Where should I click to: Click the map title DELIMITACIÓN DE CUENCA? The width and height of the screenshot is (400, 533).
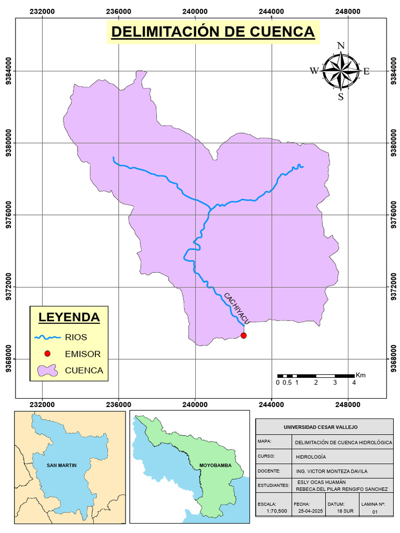[x=213, y=32]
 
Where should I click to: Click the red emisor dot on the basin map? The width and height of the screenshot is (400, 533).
[x=243, y=336]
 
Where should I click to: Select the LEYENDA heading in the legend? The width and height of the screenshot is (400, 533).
[x=69, y=316]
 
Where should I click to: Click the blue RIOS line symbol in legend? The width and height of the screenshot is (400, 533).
[x=47, y=337]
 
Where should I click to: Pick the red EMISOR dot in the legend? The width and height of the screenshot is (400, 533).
[x=47, y=354]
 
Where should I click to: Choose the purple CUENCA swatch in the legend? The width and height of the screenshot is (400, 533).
[x=47, y=371]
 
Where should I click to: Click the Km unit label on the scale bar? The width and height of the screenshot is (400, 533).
[x=360, y=375]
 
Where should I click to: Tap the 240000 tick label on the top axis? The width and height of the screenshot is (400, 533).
[x=195, y=11]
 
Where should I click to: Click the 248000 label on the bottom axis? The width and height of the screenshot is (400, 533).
[x=348, y=404]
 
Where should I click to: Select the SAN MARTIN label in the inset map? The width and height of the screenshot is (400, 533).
[x=61, y=465]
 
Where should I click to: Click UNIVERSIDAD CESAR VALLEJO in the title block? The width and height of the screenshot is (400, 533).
[x=321, y=427]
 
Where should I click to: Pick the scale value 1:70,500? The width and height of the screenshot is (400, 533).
[x=277, y=512]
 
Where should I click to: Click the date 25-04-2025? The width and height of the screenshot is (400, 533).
[x=311, y=512]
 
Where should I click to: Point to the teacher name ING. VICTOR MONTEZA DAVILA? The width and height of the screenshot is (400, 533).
[x=331, y=471]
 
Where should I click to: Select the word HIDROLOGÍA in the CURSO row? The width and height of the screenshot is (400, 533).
[x=311, y=456]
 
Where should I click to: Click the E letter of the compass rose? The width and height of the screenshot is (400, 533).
[x=366, y=72]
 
